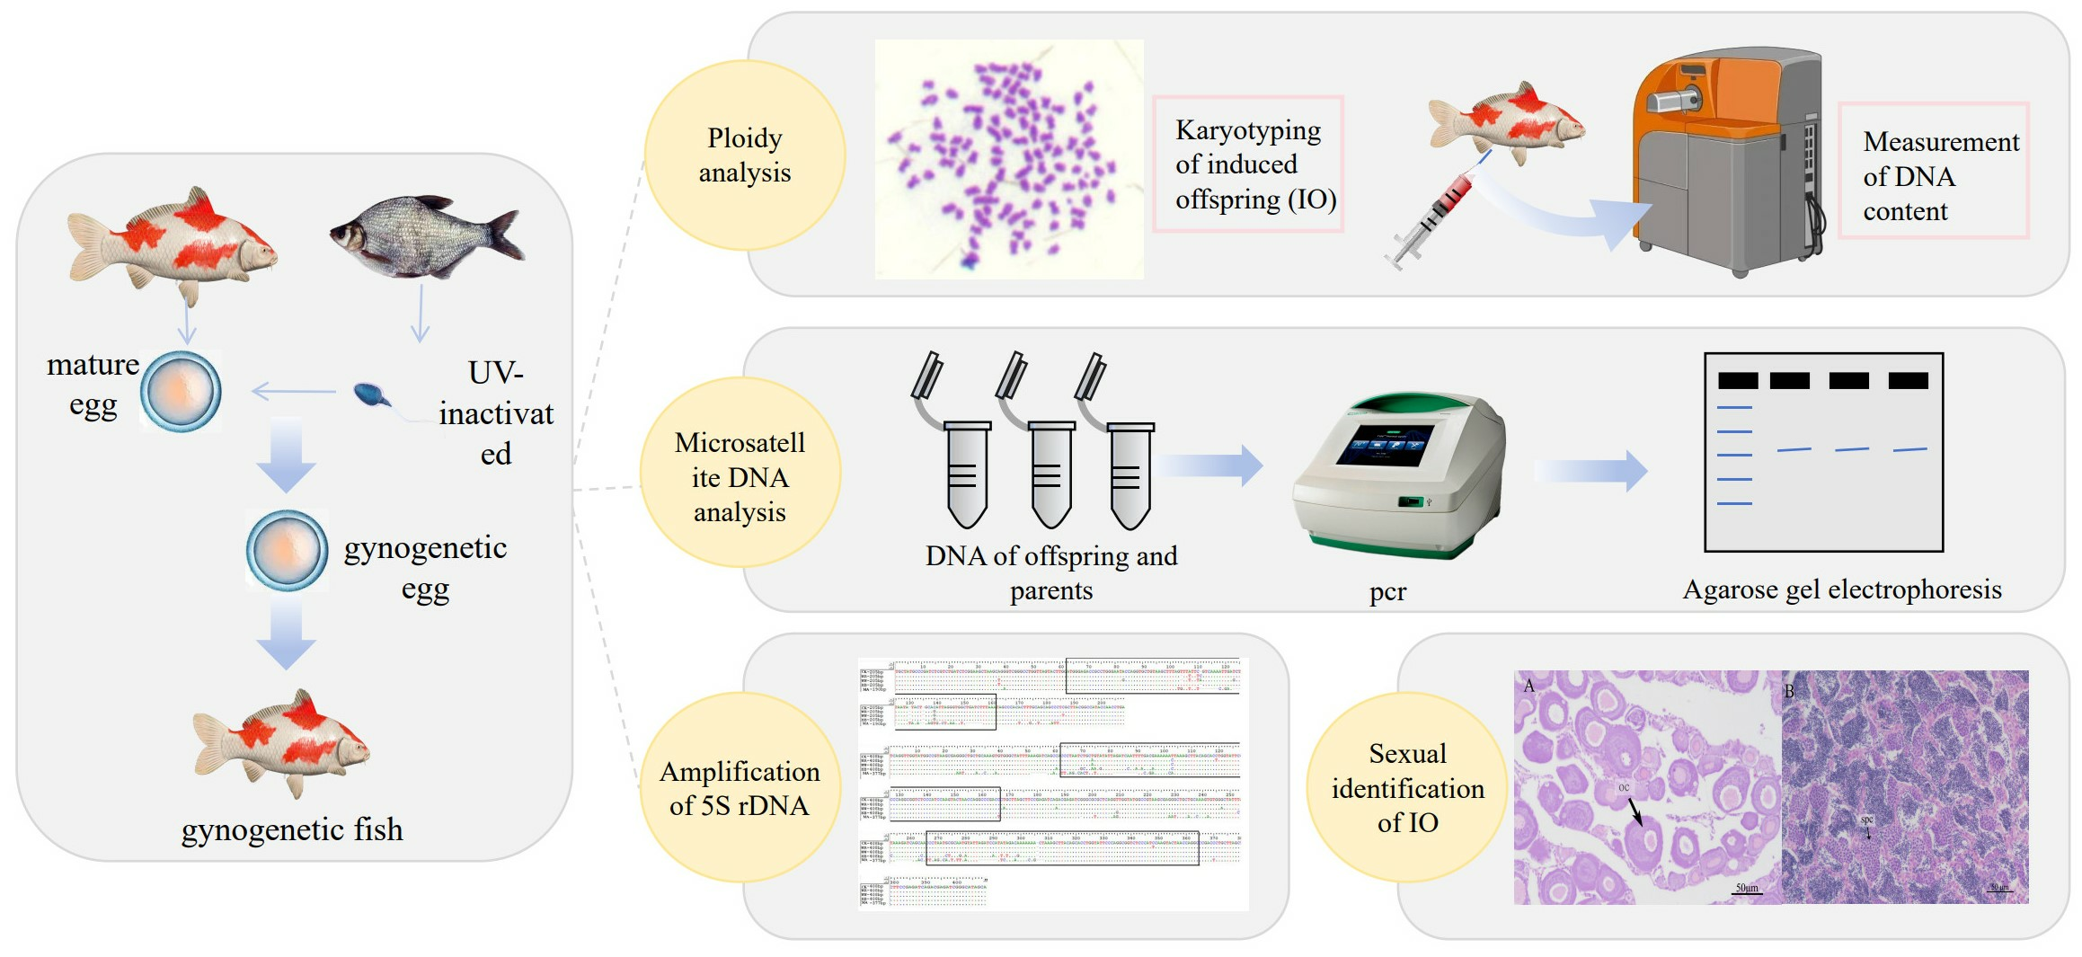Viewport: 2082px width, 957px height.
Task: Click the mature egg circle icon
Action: [181, 391]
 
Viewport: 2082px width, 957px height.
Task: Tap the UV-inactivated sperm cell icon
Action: [371, 394]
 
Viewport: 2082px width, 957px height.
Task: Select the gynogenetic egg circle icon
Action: [287, 550]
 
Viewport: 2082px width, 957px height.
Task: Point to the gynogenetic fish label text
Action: [292, 829]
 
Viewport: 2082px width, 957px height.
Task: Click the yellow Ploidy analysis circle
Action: [744, 155]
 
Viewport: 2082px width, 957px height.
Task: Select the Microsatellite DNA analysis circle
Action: [740, 476]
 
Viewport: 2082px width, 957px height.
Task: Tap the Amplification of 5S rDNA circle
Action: [740, 788]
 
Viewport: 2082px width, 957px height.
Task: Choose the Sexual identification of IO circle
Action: [1407, 788]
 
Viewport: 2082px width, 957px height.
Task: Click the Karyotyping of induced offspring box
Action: [1248, 164]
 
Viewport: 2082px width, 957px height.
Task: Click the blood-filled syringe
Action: [1435, 217]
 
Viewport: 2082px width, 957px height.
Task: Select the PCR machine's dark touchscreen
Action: [1385, 443]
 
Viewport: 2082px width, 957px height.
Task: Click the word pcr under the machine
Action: [1387, 591]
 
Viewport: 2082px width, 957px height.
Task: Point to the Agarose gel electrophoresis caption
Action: [1841, 589]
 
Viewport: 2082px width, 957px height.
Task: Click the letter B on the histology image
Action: [1789, 691]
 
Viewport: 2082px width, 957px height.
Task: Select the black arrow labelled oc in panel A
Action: [1635, 811]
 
